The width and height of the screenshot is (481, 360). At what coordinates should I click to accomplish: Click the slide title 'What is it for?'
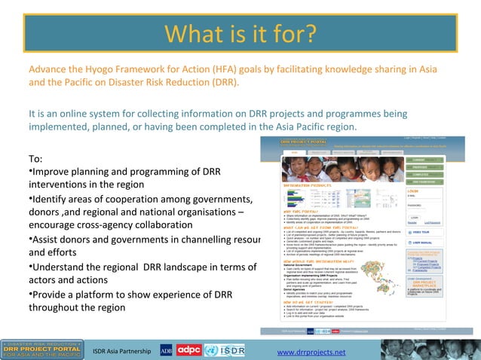(x=240, y=35)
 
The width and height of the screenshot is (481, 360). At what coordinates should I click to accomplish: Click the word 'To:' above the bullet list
(x=35, y=159)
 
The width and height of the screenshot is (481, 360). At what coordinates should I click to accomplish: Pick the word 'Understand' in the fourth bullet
(x=63, y=267)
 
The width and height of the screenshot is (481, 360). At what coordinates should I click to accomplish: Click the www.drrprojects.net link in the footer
(x=311, y=352)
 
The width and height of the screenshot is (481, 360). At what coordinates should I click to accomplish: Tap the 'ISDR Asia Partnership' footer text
(x=121, y=352)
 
